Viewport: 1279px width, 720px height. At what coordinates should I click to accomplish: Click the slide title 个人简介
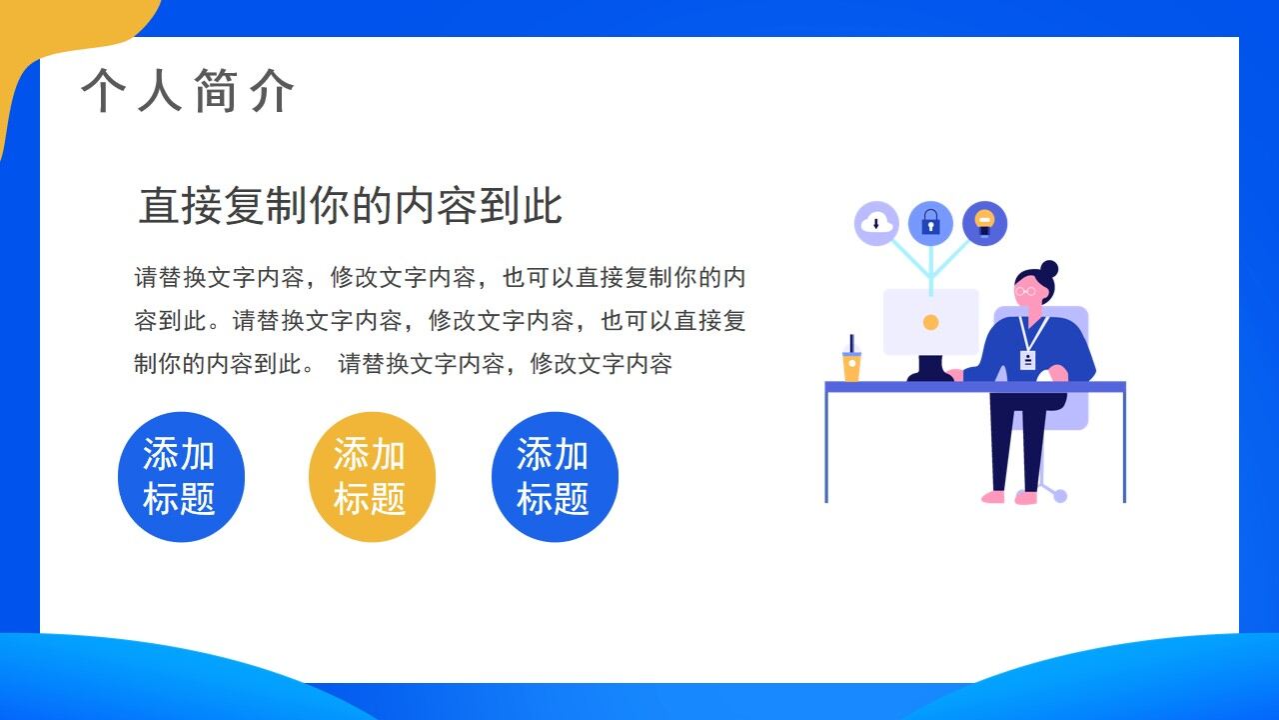[188, 92]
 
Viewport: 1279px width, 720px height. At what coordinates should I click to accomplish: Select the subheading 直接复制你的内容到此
[350, 206]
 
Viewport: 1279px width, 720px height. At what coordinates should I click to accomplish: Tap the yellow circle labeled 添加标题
[371, 477]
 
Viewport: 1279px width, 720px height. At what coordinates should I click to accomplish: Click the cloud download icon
[876, 223]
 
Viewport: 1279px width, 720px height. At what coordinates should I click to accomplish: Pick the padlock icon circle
[930, 223]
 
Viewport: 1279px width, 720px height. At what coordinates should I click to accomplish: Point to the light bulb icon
[984, 223]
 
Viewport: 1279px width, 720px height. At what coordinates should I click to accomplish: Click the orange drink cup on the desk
[851, 366]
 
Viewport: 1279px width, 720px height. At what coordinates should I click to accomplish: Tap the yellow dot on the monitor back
[930, 322]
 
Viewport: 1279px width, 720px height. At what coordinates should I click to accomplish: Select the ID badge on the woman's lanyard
[1027, 359]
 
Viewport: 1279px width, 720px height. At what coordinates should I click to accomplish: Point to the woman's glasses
[1027, 291]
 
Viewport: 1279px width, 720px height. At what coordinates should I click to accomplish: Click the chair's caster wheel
[1059, 495]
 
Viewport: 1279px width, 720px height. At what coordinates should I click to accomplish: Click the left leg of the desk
[826, 445]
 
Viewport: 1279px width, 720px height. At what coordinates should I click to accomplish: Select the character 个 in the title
[103, 92]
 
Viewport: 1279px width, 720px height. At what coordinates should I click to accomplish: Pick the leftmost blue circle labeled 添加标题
[181, 477]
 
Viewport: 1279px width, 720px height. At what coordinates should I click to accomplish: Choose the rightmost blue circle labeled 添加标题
[555, 477]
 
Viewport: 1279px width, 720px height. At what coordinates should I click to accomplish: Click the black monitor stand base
[929, 375]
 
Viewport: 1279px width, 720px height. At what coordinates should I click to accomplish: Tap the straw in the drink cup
[851, 343]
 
